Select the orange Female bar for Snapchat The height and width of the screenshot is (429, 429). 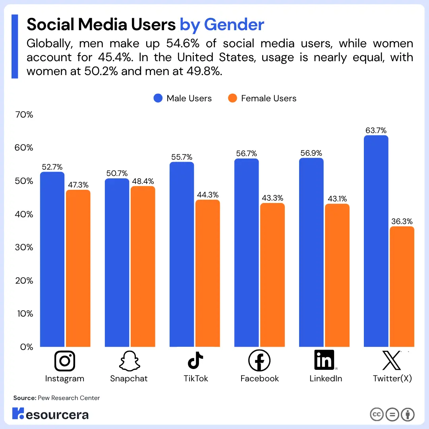[x=143, y=266]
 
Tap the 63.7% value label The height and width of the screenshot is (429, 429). [x=376, y=130]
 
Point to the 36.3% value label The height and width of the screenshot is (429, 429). [x=402, y=221]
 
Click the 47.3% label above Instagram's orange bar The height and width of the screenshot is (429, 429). [x=78, y=185]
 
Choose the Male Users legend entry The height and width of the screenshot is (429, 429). [x=183, y=99]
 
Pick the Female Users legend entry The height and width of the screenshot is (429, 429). [x=262, y=99]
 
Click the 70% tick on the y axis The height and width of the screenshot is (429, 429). [x=24, y=115]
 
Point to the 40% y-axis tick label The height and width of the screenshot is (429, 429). [x=24, y=214]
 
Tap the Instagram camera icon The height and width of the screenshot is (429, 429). [x=64, y=361]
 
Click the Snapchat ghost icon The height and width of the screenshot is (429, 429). [x=129, y=361]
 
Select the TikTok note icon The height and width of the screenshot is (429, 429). [x=195, y=361]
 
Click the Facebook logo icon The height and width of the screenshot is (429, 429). [x=259, y=361]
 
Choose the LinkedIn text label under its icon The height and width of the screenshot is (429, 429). [x=326, y=379]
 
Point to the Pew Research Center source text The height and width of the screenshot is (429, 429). [x=69, y=398]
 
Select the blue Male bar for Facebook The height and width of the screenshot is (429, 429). [x=246, y=253]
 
